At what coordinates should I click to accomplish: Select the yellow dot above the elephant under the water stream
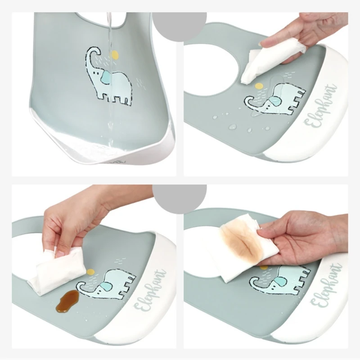(x=115, y=55)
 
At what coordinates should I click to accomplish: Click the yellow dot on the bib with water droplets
(x=258, y=85)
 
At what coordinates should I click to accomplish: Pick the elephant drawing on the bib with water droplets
(x=274, y=101)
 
